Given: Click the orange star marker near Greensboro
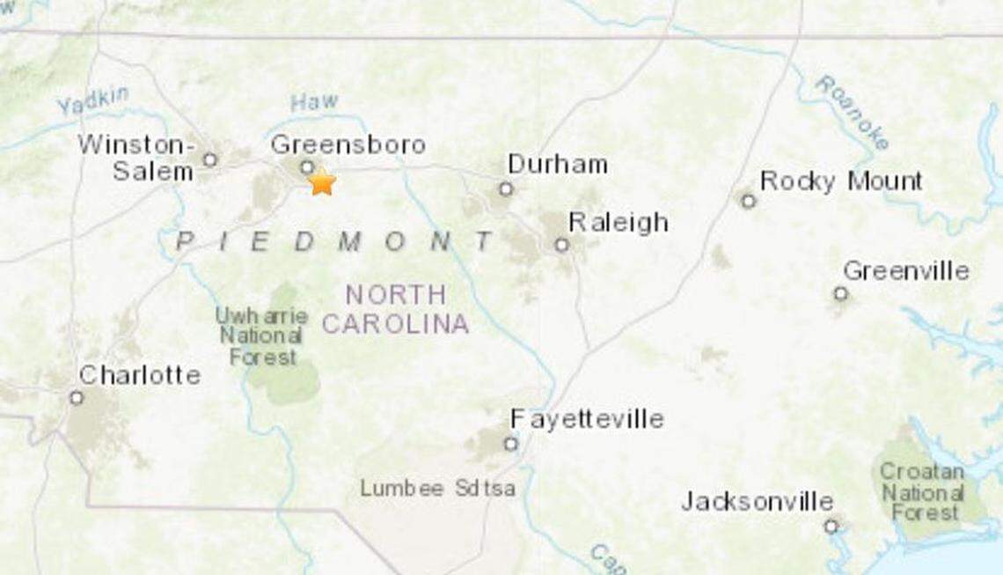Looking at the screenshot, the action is (x=322, y=181).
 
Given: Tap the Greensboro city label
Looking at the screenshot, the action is (x=348, y=144).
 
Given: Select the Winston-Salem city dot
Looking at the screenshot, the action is (x=209, y=159).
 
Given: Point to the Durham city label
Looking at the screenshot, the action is (x=558, y=164).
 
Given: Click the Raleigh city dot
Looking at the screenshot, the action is (x=561, y=245).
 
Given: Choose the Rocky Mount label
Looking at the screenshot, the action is (x=840, y=181).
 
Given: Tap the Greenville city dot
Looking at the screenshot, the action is (x=840, y=293).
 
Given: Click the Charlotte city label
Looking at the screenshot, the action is (x=139, y=375).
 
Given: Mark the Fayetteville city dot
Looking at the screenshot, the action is (x=511, y=443).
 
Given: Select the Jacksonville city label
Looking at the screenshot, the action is (x=757, y=502).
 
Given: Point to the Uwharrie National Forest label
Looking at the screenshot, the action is (x=262, y=335).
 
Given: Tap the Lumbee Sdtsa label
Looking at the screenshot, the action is (x=437, y=488).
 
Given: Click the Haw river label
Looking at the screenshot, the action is (x=314, y=102).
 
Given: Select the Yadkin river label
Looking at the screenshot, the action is (x=92, y=102).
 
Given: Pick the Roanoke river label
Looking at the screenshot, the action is (x=852, y=112).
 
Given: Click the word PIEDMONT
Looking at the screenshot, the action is (x=335, y=241).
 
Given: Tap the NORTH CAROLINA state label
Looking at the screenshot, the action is (x=395, y=309).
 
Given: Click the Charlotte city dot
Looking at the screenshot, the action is (x=77, y=398).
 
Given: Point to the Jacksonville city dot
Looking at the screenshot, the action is (x=831, y=527).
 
